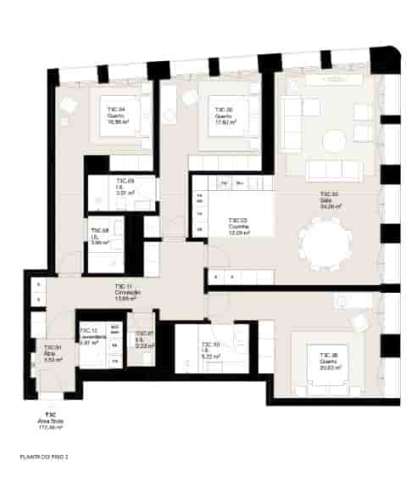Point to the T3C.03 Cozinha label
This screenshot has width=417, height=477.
pos(238,227)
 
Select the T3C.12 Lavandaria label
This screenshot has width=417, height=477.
pos(89,337)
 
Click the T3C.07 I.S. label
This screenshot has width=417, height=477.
pos(143,340)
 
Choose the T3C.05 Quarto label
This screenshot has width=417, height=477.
pos(330,359)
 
